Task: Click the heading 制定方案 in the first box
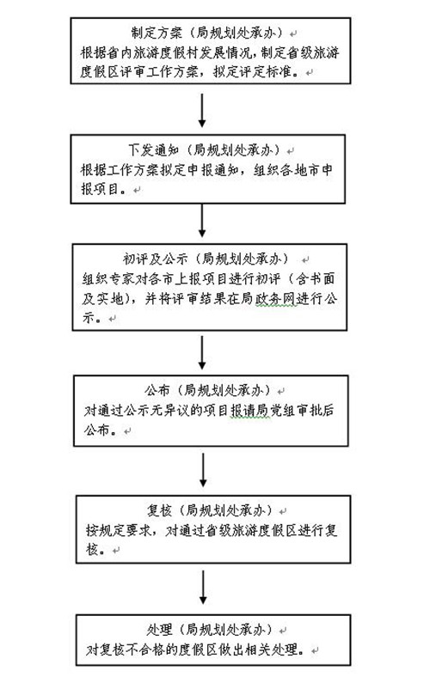[157, 33]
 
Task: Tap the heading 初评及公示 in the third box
[156, 259]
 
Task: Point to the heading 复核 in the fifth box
[159, 510]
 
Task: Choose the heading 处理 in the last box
[160, 630]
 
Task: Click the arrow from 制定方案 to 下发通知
[202, 110]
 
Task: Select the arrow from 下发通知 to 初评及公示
[202, 221]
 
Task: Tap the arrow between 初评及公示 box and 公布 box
[202, 352]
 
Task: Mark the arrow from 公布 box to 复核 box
[203, 470]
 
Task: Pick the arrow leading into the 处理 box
[203, 587]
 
